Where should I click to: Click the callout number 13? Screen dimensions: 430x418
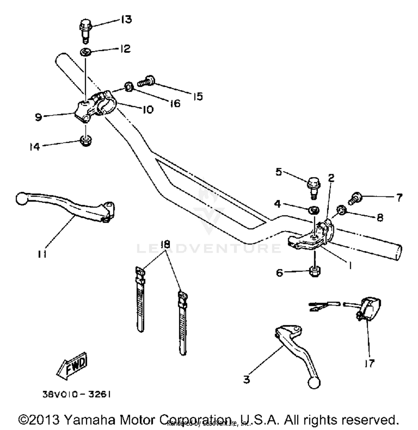point(126,19)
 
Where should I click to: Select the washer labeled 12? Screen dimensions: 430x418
point(86,52)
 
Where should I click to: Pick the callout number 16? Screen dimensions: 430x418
point(175,104)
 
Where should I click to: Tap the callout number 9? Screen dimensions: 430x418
point(38,117)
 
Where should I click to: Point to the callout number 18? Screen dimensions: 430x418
point(165,245)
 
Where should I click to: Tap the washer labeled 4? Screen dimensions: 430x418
point(314,210)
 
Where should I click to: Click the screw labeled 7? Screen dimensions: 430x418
point(355,198)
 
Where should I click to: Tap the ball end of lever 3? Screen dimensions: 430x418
point(314,383)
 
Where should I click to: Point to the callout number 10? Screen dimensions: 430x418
point(148,109)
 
